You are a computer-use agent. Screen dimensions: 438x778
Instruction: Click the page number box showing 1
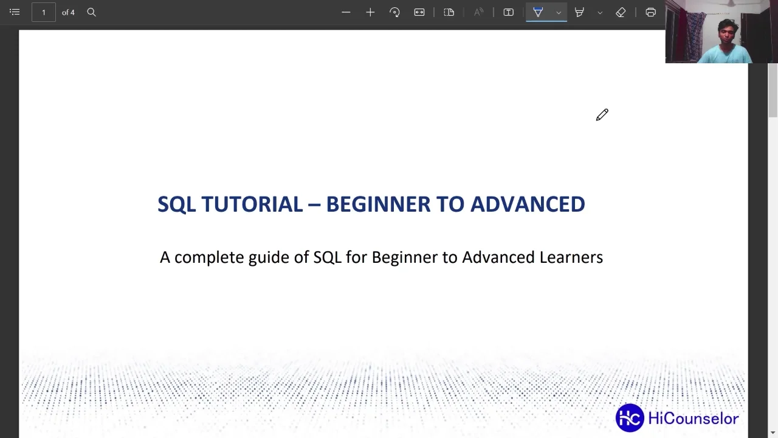(43, 12)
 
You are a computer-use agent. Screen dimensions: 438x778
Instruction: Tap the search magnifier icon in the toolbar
(91, 12)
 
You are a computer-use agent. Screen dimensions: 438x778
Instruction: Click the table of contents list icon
(15, 12)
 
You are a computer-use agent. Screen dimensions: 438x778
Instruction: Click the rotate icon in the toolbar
(394, 12)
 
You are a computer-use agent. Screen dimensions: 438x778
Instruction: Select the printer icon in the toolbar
(650, 12)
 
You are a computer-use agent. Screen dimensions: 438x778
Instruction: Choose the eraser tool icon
(621, 12)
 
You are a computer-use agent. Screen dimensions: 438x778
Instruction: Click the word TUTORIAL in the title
(252, 204)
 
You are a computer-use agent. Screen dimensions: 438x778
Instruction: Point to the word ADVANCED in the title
(528, 204)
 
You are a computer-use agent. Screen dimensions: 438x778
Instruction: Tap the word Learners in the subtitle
(571, 257)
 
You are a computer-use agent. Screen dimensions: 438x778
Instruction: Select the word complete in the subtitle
(209, 258)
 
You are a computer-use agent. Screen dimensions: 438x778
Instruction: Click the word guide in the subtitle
(269, 258)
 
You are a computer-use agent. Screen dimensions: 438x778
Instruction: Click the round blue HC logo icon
(630, 418)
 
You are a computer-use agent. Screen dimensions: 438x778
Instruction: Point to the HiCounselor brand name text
(693, 419)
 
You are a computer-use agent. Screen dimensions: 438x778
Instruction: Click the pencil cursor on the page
(602, 115)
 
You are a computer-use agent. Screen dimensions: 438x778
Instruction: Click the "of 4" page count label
(68, 12)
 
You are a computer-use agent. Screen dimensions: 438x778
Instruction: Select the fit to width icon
(419, 12)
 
